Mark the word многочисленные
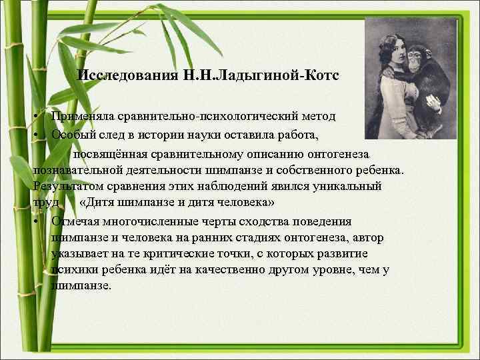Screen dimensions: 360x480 [155, 221]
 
